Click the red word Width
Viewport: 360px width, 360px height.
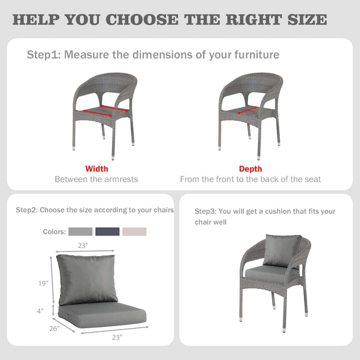pos(97,169)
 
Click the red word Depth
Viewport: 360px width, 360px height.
pos(251,169)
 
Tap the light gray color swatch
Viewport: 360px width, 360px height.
pos(81,232)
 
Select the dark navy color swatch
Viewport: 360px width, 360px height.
pos(108,232)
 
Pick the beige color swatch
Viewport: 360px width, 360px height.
pos(135,232)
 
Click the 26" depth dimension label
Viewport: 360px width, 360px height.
pos(54,328)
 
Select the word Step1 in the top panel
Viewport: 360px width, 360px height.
pos(44,55)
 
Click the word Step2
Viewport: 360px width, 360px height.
pos(27,210)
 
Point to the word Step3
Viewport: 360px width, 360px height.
pos(206,211)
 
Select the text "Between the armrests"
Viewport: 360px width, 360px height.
pos(96,179)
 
